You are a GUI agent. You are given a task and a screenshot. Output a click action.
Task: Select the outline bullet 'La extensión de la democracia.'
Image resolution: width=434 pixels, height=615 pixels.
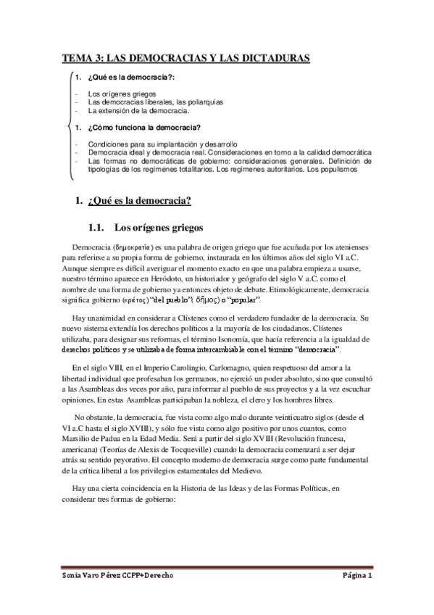(138, 112)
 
